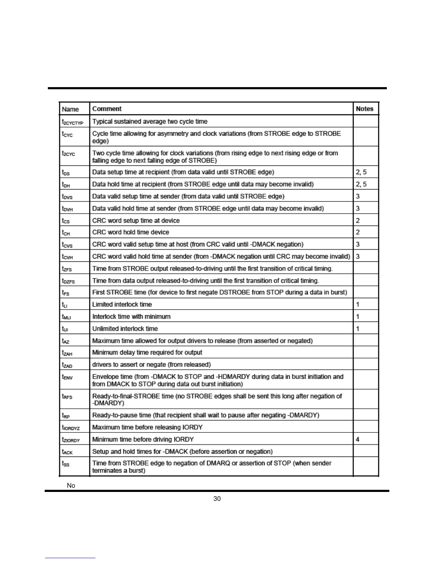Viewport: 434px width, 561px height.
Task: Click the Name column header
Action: (x=70, y=109)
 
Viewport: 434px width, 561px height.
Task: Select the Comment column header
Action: (x=107, y=109)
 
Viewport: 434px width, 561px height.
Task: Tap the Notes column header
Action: (x=365, y=109)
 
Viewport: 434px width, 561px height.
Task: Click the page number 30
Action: (x=217, y=499)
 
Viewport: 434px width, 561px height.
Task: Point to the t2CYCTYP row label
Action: (x=72, y=122)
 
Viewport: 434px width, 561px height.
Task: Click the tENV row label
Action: (x=67, y=377)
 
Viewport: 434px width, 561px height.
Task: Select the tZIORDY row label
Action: (x=71, y=440)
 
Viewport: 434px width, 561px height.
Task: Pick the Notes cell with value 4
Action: (x=357, y=439)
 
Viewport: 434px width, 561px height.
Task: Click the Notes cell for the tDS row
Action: (x=361, y=172)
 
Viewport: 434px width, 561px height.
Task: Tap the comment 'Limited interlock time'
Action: (x=122, y=304)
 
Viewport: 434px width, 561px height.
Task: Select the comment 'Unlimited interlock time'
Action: (x=125, y=328)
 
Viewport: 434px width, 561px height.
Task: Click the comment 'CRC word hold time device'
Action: (x=130, y=232)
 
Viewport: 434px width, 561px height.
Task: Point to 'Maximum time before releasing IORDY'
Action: (x=147, y=427)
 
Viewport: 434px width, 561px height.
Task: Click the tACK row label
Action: (x=67, y=452)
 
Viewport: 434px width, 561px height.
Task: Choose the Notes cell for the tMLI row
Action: (x=357, y=316)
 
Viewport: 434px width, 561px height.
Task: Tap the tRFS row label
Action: (x=67, y=397)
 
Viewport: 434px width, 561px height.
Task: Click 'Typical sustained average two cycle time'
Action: (x=150, y=121)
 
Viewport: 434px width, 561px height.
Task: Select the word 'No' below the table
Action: (x=71, y=486)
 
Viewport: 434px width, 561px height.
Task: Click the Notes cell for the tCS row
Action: (x=357, y=220)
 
